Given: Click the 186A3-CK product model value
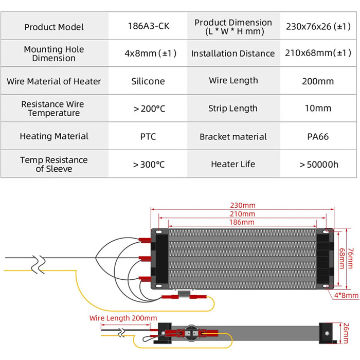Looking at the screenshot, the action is (x=149, y=26).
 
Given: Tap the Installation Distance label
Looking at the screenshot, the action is (x=233, y=53).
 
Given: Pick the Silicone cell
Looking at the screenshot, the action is (x=148, y=81).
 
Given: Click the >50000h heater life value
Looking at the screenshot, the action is (x=319, y=165).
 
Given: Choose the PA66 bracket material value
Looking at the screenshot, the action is (x=318, y=137).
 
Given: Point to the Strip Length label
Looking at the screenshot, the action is (x=233, y=109).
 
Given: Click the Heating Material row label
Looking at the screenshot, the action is (x=54, y=136).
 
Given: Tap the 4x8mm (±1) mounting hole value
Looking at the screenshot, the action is (x=150, y=53).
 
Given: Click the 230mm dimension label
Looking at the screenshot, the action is (x=243, y=205).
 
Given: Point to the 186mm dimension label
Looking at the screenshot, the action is (x=242, y=222).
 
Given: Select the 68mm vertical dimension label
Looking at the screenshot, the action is (x=342, y=259).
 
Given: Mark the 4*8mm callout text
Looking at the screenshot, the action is (x=346, y=295).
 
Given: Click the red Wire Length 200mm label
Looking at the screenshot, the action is (x=123, y=318).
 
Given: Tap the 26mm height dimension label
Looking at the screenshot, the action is (x=346, y=333).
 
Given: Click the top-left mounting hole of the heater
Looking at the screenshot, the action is (x=159, y=232).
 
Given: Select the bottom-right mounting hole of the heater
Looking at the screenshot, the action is (x=326, y=286).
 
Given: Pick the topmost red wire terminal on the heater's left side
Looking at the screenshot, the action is (x=145, y=240).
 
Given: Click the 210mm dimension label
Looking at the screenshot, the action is (x=242, y=214).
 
